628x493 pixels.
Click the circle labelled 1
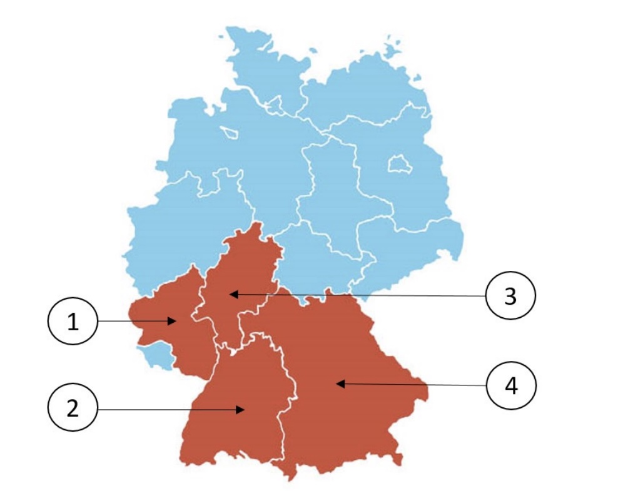[x=73, y=322]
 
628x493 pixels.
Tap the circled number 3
[x=511, y=296]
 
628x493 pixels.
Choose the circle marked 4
[x=511, y=386]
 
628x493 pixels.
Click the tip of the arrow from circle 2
[x=244, y=409]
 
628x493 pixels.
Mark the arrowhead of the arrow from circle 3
[x=230, y=293]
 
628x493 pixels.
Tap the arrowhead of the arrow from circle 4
[x=337, y=383]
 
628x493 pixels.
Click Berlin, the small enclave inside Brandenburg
[x=399, y=165]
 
